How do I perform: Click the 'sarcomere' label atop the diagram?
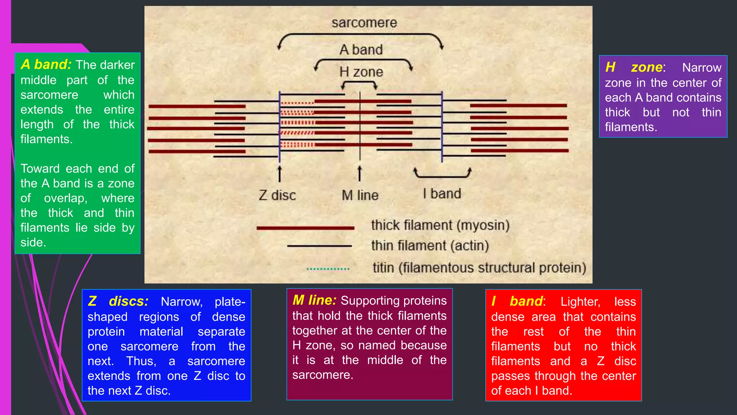click(364, 23)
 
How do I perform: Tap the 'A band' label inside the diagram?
click(361, 50)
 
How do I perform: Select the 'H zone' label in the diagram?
click(361, 72)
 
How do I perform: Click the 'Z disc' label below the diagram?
click(277, 195)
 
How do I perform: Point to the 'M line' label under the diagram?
click(360, 195)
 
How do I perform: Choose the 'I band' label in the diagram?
click(442, 194)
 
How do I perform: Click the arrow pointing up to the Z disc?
click(279, 174)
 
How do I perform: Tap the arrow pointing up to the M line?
click(360, 174)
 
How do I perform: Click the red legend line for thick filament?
click(305, 228)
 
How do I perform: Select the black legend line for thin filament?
click(319, 246)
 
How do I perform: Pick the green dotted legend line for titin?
click(328, 269)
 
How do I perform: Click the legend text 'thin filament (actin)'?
click(430, 246)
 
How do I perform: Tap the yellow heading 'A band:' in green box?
click(46, 64)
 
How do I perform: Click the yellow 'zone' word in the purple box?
click(647, 67)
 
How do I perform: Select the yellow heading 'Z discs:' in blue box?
click(118, 301)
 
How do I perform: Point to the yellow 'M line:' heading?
click(314, 300)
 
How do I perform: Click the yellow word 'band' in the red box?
click(526, 301)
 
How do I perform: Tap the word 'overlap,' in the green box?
click(65, 198)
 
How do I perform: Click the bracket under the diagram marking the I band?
click(442, 176)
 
